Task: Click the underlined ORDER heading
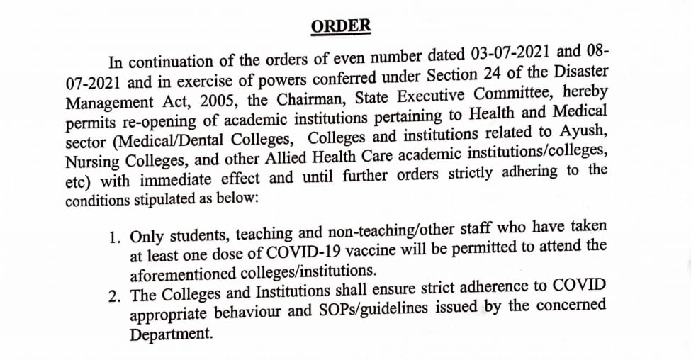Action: (x=341, y=27)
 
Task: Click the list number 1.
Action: (x=114, y=236)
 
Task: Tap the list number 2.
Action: (x=114, y=296)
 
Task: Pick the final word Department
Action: (x=171, y=333)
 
